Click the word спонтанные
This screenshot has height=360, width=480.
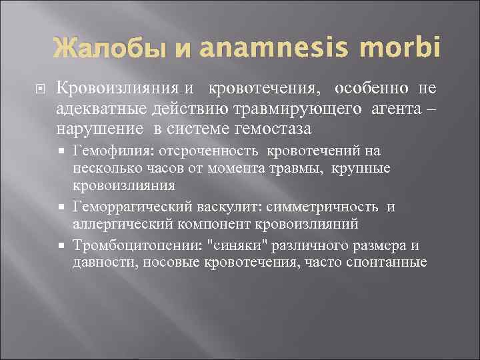387,262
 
